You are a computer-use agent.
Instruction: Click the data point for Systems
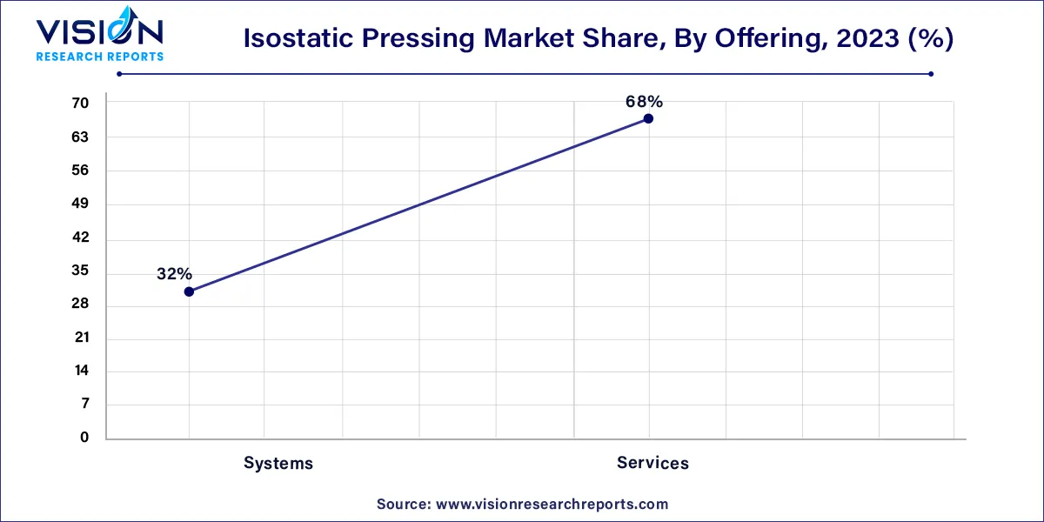(189, 291)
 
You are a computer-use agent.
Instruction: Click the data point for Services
(648, 118)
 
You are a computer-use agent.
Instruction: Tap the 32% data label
(174, 274)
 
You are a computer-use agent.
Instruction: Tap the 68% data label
(644, 102)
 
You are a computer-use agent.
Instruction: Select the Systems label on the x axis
(278, 463)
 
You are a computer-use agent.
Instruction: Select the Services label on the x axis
(652, 463)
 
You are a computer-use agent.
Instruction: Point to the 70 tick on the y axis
(80, 104)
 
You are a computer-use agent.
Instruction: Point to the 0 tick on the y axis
(84, 438)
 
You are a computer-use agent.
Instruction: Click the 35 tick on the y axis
(80, 271)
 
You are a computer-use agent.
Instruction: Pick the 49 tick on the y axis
(80, 204)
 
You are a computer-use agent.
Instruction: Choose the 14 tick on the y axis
(80, 371)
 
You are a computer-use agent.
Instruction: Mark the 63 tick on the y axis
(80, 137)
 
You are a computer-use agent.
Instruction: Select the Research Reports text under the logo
(99, 57)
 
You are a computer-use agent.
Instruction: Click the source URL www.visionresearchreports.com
(552, 504)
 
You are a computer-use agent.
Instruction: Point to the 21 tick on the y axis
(80, 338)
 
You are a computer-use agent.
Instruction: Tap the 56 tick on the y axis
(80, 171)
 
